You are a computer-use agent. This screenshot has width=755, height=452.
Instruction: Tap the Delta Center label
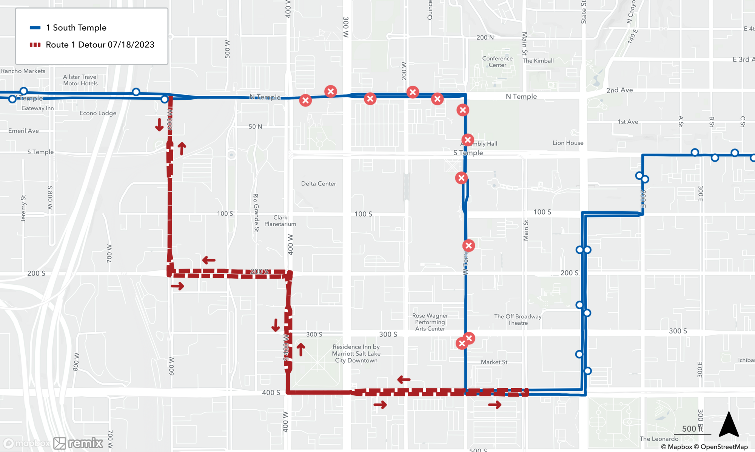tap(318, 184)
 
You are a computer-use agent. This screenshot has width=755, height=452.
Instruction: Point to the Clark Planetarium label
tap(280, 221)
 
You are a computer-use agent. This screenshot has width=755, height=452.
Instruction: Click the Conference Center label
tap(497, 62)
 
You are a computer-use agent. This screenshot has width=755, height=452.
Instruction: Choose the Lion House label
tap(568, 143)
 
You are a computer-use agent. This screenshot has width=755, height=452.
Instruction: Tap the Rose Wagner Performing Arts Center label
tap(430, 322)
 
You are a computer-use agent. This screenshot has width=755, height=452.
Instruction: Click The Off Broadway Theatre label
tap(518, 319)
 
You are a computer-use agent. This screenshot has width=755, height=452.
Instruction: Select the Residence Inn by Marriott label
tap(356, 353)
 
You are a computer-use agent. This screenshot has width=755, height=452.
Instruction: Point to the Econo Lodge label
tap(98, 113)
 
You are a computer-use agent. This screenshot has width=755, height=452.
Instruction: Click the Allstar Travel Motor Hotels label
tap(80, 80)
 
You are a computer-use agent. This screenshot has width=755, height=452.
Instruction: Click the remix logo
tap(78, 443)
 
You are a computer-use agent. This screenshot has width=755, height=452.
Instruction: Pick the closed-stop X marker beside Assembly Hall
tap(468, 140)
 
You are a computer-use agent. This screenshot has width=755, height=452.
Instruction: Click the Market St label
tap(494, 362)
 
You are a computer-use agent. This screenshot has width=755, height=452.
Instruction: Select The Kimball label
tap(538, 60)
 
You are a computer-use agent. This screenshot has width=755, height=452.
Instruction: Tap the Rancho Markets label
tap(23, 71)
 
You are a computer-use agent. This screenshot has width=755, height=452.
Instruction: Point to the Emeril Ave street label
tap(23, 131)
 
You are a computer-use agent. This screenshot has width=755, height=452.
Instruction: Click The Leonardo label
tap(659, 439)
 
